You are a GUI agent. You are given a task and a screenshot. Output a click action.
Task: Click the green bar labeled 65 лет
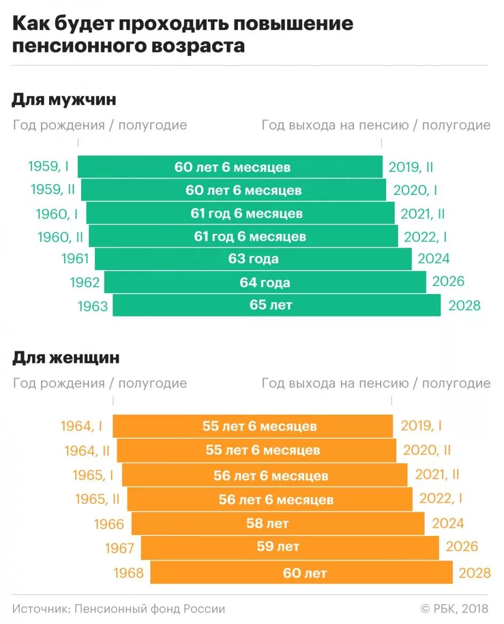click(x=276, y=305)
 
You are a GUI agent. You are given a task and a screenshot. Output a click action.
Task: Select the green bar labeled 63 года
click(x=253, y=259)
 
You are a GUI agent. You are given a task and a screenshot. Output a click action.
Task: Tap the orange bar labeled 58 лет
click(x=278, y=524)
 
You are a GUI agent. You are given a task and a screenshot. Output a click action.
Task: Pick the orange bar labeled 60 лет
click(x=301, y=573)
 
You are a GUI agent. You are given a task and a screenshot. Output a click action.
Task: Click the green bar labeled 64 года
click(x=265, y=282)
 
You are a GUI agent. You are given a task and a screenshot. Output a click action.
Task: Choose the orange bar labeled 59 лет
click(x=290, y=547)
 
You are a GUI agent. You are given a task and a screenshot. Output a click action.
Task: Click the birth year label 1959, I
click(x=49, y=167)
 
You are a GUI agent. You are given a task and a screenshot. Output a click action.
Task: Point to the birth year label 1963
click(x=93, y=306)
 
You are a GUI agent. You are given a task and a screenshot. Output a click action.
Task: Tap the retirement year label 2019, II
click(x=411, y=167)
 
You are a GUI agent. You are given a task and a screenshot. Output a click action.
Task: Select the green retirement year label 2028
click(x=465, y=306)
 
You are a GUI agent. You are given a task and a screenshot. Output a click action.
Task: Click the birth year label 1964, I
click(x=82, y=426)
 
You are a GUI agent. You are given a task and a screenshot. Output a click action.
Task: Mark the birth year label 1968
click(x=129, y=573)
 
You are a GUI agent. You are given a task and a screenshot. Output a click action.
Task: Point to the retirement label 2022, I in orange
click(x=441, y=499)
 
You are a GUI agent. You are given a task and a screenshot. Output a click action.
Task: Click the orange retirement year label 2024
click(x=448, y=524)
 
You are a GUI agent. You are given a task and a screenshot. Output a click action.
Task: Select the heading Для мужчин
click(x=64, y=100)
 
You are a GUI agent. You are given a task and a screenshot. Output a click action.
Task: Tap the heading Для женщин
click(x=66, y=358)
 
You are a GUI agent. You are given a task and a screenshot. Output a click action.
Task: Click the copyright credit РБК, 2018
click(x=459, y=609)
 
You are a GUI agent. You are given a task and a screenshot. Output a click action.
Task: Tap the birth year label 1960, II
click(x=60, y=237)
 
